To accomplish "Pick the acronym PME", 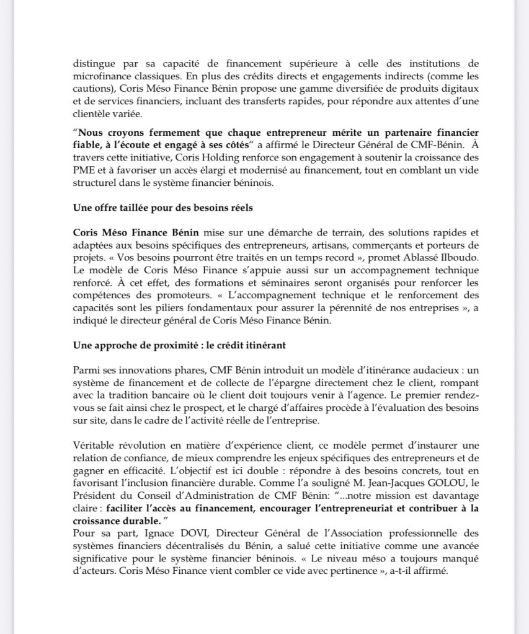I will (x=83, y=170).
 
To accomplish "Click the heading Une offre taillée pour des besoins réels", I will (x=162, y=208).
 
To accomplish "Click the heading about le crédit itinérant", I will (x=179, y=346).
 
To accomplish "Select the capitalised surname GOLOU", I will (x=438, y=484).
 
